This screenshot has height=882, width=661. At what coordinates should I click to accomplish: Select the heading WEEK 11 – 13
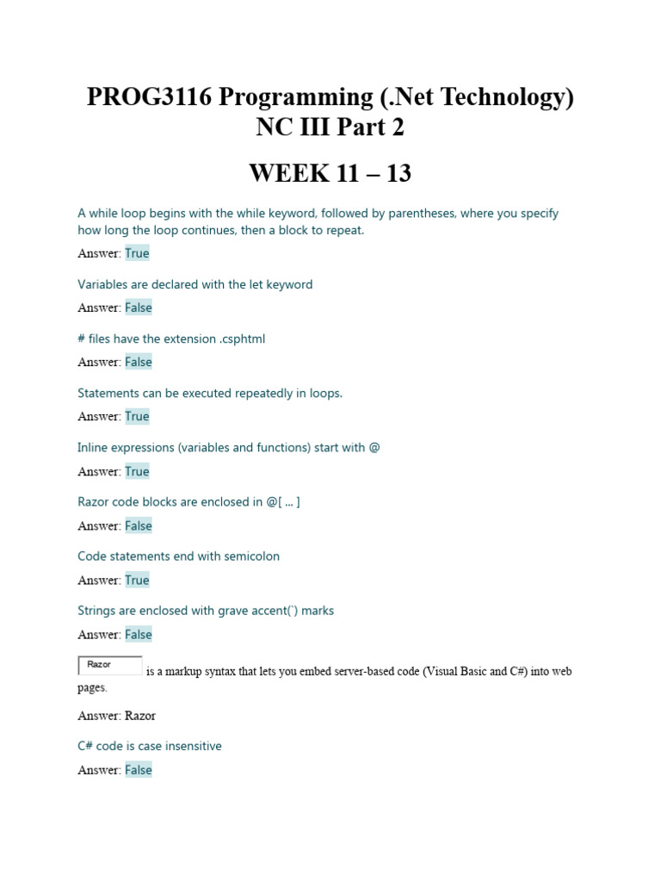click(330, 173)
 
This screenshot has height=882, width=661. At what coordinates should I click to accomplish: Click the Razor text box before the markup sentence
click(110, 666)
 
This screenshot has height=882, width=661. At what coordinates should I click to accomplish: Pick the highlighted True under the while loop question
click(137, 253)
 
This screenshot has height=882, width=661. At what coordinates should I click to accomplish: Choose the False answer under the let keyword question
click(138, 307)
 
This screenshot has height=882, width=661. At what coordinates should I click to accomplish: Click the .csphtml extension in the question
click(238, 339)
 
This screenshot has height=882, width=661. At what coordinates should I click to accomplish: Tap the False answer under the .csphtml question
click(138, 362)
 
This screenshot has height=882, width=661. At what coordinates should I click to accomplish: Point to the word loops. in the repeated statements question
click(325, 393)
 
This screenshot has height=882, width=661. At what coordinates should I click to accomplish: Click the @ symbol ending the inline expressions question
click(374, 448)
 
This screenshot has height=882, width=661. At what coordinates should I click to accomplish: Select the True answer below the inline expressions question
click(137, 471)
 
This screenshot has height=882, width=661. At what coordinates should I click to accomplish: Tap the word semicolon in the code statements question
click(251, 556)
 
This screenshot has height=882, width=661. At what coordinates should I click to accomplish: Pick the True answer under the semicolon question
click(137, 581)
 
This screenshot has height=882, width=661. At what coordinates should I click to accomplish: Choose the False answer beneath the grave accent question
click(138, 635)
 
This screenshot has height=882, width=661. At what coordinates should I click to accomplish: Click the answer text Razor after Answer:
click(140, 716)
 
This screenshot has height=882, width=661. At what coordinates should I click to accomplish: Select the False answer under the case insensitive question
click(138, 770)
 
